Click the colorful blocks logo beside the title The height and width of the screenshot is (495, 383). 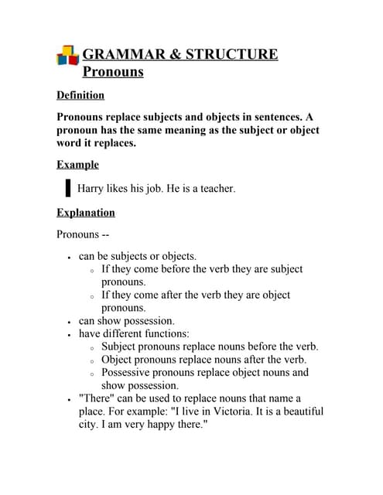[67, 56]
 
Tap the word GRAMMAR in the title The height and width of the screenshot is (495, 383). [121, 55]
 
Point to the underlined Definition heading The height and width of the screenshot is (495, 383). [80, 95]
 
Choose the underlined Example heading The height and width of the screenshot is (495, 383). [77, 165]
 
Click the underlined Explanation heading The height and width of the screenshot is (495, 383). [86, 213]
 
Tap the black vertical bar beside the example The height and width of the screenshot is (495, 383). [67, 188]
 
